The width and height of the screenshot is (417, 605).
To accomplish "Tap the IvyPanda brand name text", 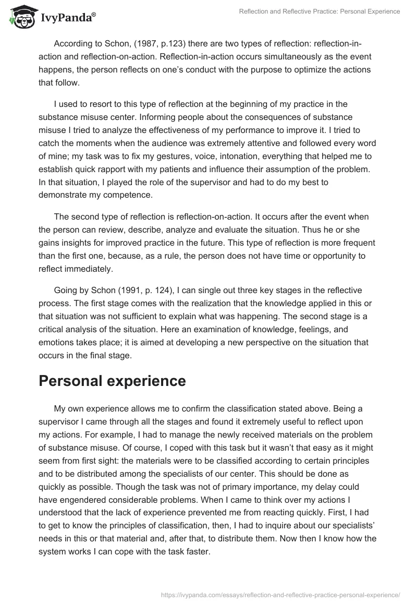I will coord(68,19).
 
